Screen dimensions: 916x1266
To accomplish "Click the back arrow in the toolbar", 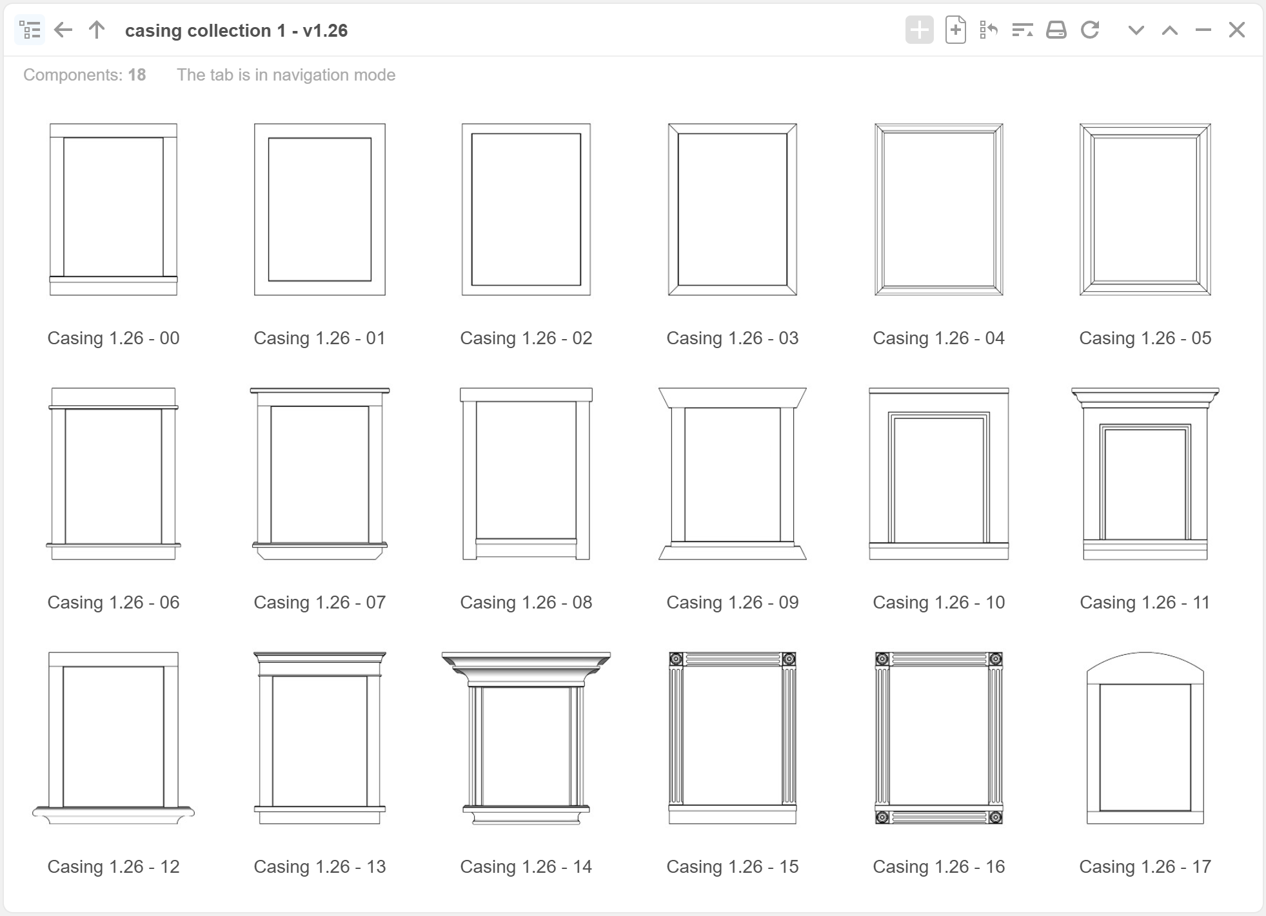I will coord(63,30).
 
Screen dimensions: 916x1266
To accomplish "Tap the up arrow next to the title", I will coord(97,30).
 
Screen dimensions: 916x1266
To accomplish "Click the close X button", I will coord(1236,30).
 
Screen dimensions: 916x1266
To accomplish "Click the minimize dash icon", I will coord(1203,30).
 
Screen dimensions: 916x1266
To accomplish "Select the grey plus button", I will coord(919,30).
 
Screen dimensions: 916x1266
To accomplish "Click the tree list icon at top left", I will coord(30,30).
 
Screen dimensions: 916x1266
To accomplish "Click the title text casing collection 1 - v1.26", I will coord(236,31).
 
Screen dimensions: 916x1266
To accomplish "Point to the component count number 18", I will coord(137,75).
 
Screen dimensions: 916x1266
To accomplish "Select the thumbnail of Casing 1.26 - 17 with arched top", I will coord(1145,738).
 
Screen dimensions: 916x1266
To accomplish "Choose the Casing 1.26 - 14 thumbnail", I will coord(526,738).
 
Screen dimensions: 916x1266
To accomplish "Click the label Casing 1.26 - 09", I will coord(732,602).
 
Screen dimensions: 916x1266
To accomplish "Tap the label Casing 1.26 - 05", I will coord(1145,338).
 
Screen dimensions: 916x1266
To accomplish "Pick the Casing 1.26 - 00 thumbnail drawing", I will coord(114,210).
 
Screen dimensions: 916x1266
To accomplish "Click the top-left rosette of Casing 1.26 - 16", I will coord(882,659).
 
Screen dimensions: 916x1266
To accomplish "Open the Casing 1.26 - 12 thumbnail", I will coord(114,738).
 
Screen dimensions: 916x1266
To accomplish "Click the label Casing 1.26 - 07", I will coord(319,602).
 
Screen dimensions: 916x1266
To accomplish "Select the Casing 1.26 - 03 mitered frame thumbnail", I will coord(732,210).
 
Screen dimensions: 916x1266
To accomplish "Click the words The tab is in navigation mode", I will coord(286,75).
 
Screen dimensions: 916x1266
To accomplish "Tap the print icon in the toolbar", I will coord(1056,30).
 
